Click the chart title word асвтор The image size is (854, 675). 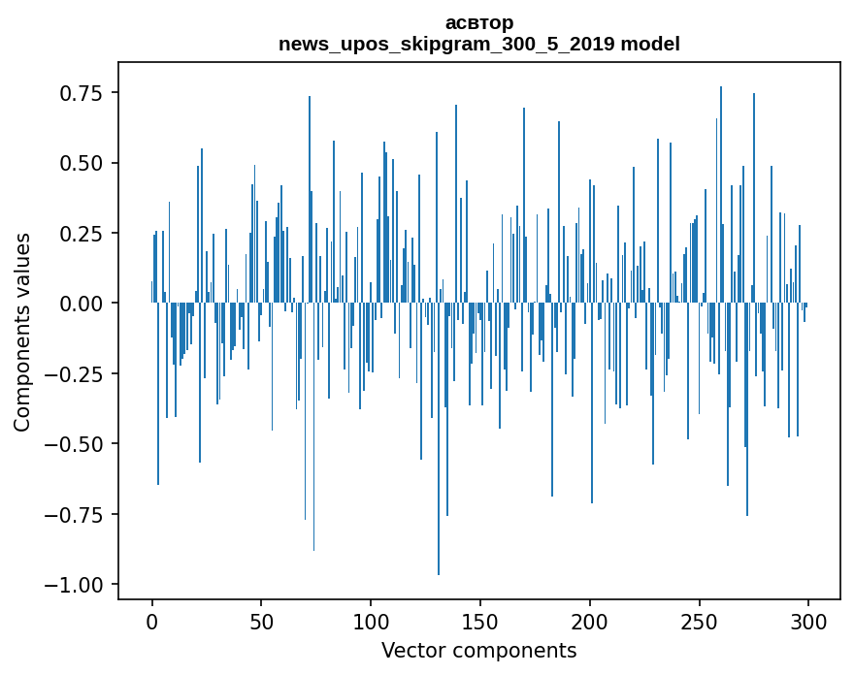coord(478,22)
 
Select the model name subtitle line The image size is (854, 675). coord(478,44)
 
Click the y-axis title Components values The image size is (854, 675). coord(22,332)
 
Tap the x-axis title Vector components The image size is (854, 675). coord(478,651)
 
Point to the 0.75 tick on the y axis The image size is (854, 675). coord(82,93)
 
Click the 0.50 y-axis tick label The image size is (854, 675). coord(82,163)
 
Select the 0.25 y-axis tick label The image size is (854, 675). coord(82,234)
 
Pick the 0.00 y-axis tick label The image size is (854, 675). coord(82,304)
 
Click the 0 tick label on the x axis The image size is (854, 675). coord(152,622)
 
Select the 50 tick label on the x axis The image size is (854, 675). coord(261,622)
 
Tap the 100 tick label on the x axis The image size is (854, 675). coord(371,622)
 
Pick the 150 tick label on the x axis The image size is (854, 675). coord(480,622)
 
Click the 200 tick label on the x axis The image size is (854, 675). coord(590,622)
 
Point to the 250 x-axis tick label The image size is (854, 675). coord(699,622)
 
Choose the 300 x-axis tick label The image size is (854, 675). coord(808,622)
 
